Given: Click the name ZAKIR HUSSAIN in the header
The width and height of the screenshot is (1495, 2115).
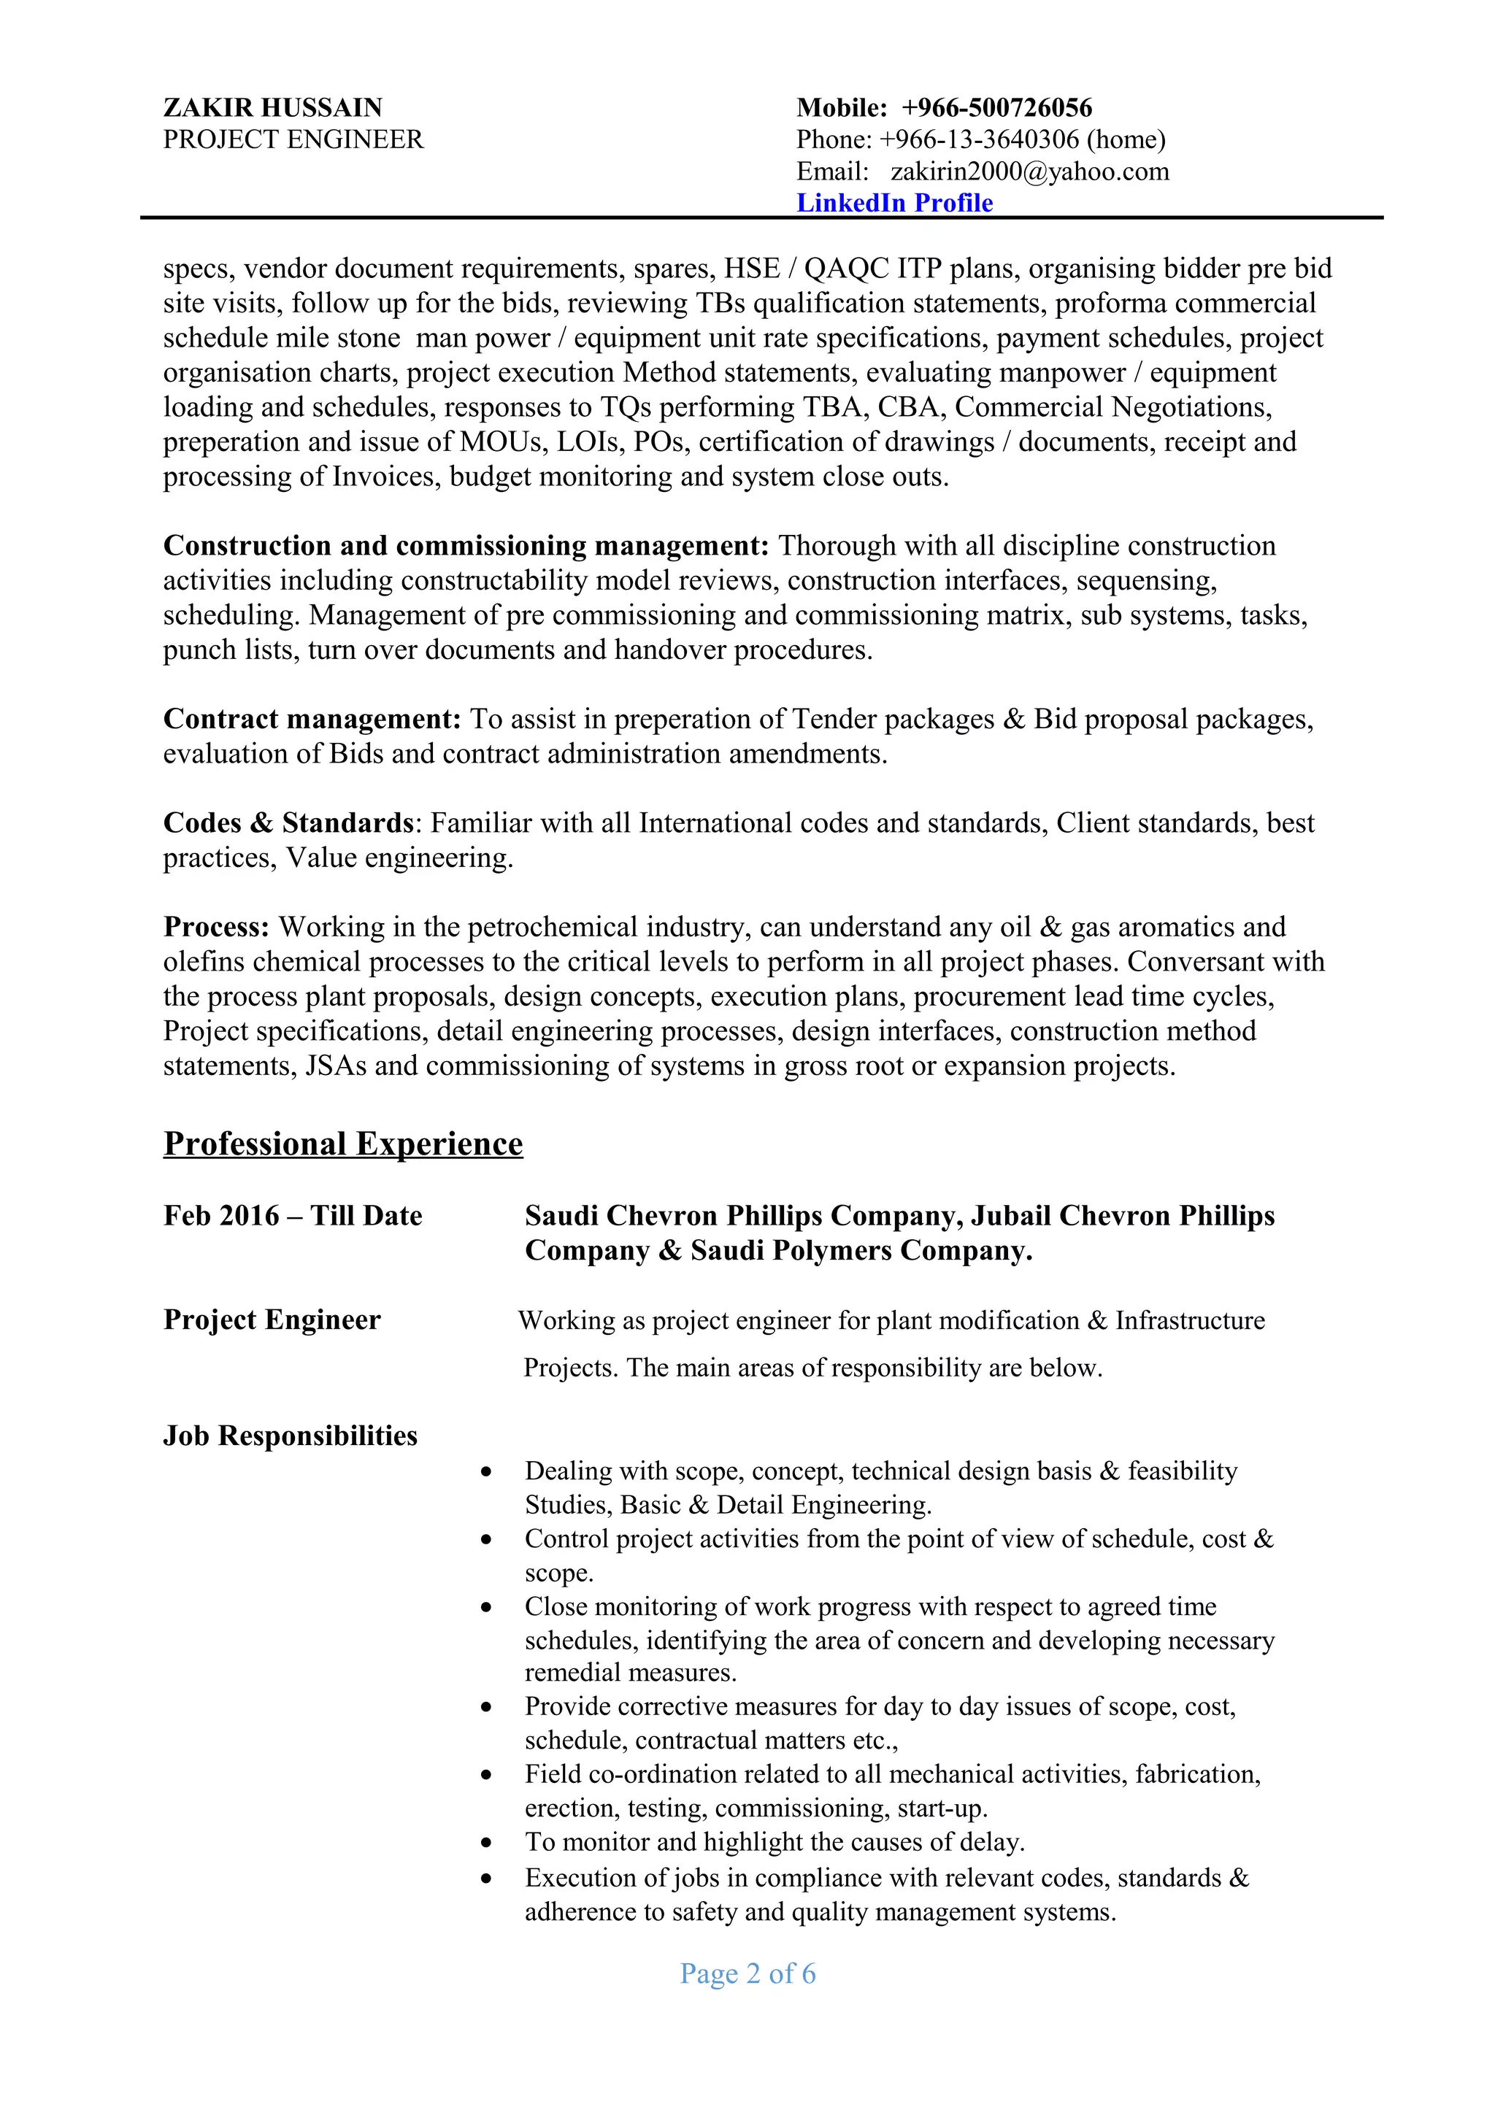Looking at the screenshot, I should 273,108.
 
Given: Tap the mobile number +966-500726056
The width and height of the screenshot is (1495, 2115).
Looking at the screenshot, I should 996,108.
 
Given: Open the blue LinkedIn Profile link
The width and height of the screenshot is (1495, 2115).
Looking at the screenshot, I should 894,203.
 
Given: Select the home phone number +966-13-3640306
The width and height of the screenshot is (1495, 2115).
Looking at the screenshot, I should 978,140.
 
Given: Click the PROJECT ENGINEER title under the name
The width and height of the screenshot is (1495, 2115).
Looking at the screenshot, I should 293,140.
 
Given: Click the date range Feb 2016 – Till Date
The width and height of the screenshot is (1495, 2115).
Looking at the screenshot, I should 292,1216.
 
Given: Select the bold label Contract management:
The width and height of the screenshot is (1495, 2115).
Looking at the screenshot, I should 312,719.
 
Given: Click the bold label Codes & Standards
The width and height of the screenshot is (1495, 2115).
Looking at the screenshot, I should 288,822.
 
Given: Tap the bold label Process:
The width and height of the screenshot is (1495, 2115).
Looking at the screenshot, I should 215,927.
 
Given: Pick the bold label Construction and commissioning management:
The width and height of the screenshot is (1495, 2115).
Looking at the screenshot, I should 465,545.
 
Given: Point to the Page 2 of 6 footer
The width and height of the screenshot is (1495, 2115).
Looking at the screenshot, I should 747,1973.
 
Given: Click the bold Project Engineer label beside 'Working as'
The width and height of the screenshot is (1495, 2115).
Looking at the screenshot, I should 272,1320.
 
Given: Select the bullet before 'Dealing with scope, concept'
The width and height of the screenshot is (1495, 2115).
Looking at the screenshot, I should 486,1472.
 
